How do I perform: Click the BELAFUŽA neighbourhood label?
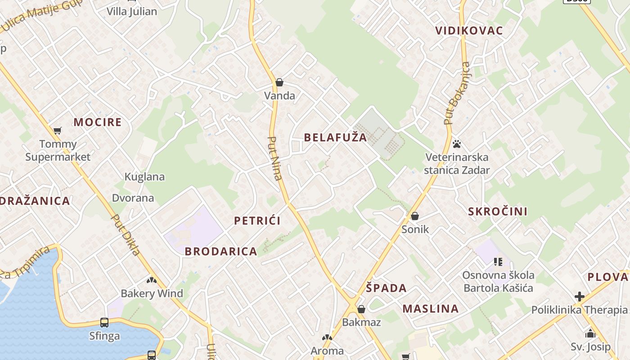335,138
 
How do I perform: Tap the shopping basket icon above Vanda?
279,82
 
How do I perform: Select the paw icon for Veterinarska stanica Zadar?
457,144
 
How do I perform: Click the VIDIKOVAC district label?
469,31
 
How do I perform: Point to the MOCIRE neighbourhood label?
98,122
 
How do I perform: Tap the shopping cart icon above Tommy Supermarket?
57,131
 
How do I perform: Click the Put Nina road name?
275,158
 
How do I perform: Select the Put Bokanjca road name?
457,93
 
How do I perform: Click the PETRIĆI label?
257,220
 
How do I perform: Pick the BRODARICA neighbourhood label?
221,251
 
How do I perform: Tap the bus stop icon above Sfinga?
104,322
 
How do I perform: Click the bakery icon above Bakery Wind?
151,280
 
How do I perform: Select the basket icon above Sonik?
415,216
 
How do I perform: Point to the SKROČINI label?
498,211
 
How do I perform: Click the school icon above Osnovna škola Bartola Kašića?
498,261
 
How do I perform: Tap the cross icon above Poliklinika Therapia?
579,297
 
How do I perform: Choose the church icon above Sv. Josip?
590,333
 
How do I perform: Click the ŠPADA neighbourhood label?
386,288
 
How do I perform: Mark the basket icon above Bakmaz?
361,309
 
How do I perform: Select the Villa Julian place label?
132,11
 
